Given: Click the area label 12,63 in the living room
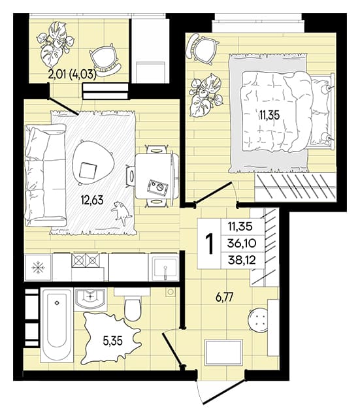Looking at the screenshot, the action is coord(92,200).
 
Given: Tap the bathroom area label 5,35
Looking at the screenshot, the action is coord(113,340).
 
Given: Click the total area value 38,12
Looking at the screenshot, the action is coord(242,260).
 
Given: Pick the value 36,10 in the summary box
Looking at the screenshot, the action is coord(242,243).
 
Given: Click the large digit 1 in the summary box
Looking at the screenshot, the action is coord(210,244).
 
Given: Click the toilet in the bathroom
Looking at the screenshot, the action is coord(132,306).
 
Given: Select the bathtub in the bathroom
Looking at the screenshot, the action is coord(57,325).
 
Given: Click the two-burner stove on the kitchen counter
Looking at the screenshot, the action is coord(86,261).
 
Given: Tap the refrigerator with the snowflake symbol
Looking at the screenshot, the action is coord(38,268).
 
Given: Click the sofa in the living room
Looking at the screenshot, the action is coord(45,175).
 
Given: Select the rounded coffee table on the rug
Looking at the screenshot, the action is coord(93,163).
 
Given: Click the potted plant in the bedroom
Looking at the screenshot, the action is coord(205,95).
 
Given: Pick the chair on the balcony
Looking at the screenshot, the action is coord(105,60).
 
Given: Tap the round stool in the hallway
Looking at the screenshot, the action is coord(257,319).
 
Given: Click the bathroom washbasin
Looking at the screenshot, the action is coord(90,299).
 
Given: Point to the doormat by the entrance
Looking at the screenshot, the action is coord(223,353).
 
